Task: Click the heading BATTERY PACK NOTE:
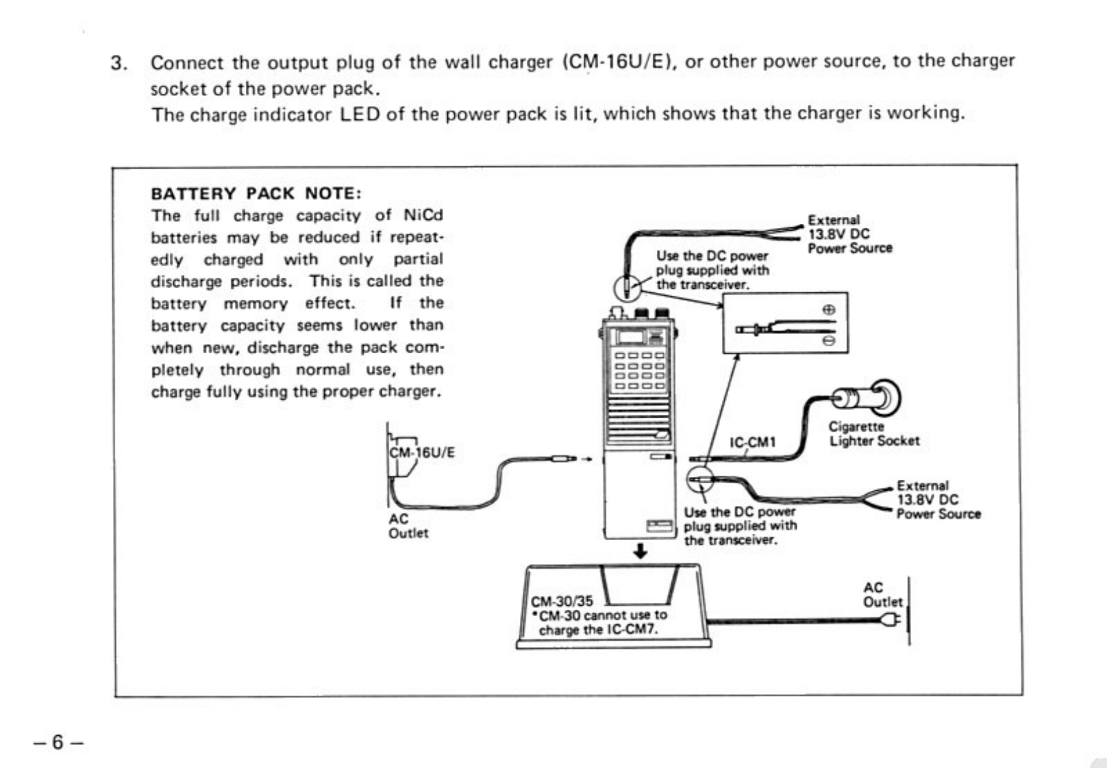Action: pos(256,193)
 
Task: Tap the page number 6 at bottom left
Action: pos(58,742)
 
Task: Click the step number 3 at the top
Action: pos(119,63)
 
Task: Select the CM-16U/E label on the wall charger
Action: pos(422,452)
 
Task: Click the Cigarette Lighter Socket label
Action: pos(874,434)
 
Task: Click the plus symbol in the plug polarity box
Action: pos(829,309)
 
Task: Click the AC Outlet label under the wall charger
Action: pos(408,526)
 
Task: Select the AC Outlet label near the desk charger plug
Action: pos(882,595)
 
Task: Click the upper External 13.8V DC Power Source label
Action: pos(849,234)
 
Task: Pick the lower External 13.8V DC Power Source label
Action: pos(938,500)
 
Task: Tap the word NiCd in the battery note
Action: pos(423,216)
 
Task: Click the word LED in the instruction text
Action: pos(360,113)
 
